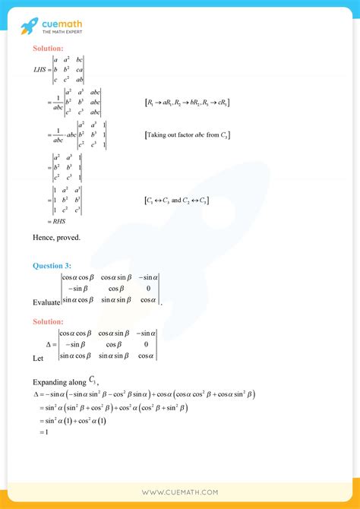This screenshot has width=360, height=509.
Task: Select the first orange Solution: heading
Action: (x=53, y=49)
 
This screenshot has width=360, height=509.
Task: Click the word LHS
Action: (x=40, y=69)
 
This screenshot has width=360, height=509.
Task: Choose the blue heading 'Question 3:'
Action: (x=54, y=266)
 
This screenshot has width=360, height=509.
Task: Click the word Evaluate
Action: (x=46, y=302)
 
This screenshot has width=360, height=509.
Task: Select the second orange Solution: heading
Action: (x=53, y=322)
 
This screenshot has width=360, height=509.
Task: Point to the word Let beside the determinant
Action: (x=38, y=357)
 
